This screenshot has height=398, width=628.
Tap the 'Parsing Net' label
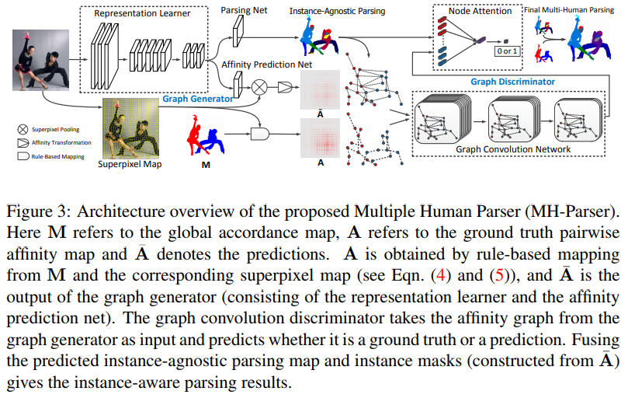[x=245, y=9]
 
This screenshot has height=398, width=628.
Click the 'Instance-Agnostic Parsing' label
[x=338, y=11]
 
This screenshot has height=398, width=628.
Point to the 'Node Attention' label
[x=480, y=11]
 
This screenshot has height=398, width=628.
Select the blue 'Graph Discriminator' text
[x=512, y=81]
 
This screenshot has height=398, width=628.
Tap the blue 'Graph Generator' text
[x=198, y=99]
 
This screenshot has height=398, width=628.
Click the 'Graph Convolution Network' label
[x=513, y=149]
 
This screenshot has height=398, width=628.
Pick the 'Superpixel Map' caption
[x=130, y=164]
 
